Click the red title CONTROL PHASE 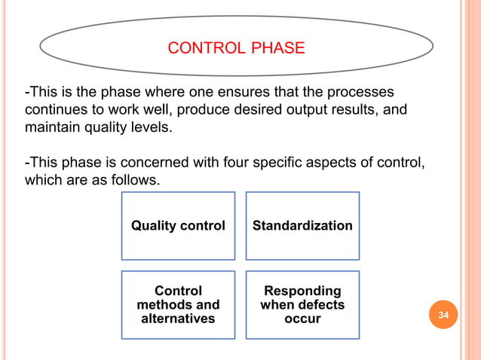tap(236, 49)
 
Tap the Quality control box tap(178, 226)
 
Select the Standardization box tap(302, 226)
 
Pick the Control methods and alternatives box tap(178, 304)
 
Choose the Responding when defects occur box tap(302, 304)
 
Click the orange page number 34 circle tap(443, 315)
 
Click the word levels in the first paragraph tap(152, 128)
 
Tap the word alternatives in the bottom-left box tap(178, 319)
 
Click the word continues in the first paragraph tap(55, 111)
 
